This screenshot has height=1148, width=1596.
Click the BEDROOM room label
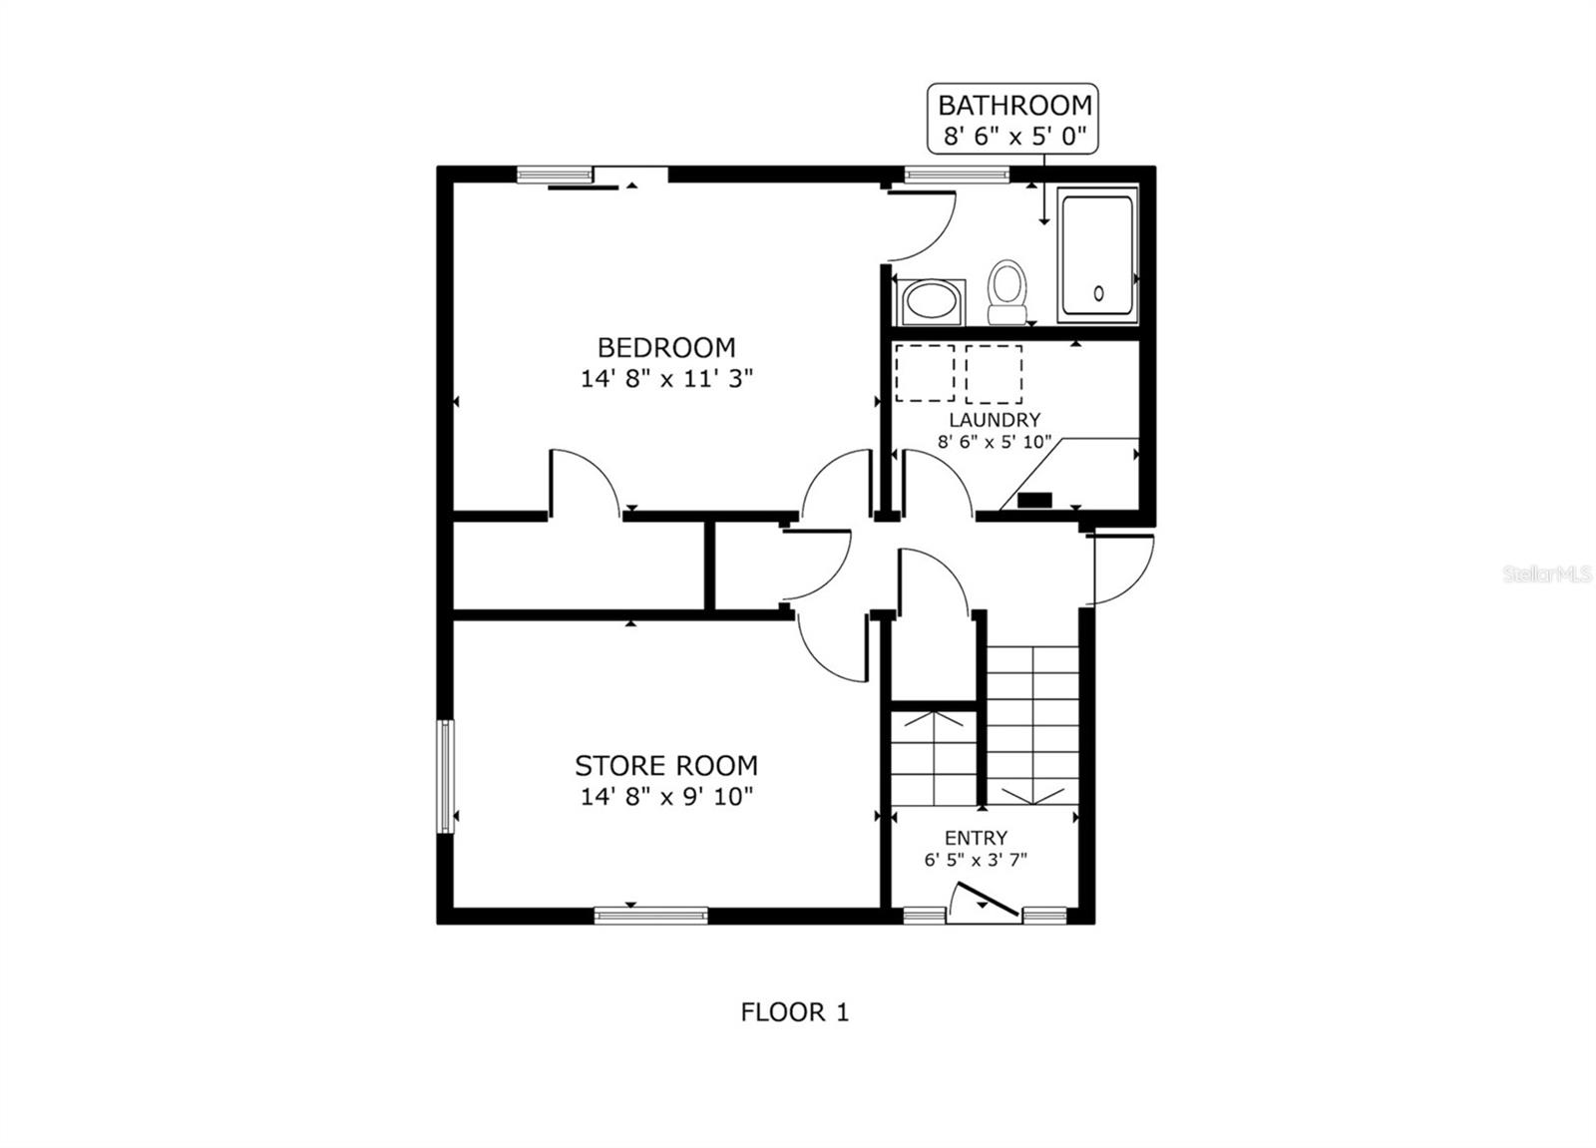[665, 347]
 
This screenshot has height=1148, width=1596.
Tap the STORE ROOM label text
[665, 765]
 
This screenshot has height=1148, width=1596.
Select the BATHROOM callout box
[1013, 119]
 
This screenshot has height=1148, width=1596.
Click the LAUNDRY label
[994, 420]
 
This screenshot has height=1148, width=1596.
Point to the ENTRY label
[976, 838]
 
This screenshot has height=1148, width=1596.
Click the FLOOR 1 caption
[794, 1012]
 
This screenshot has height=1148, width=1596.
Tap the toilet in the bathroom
[1006, 290]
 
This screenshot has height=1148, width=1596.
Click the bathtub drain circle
[1098, 293]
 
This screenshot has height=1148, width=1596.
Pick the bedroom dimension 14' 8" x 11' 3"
[665, 379]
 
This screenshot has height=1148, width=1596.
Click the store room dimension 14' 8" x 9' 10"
[665, 797]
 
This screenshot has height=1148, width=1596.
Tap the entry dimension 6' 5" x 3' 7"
[976, 860]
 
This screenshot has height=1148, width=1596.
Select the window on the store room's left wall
[445, 776]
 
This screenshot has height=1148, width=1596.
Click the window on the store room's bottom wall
[650, 915]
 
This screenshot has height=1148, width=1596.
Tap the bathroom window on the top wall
[957, 175]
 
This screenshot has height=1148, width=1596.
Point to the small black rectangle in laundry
[1034, 500]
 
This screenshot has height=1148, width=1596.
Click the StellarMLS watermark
[1547, 574]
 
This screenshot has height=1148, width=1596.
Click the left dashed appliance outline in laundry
[925, 373]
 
